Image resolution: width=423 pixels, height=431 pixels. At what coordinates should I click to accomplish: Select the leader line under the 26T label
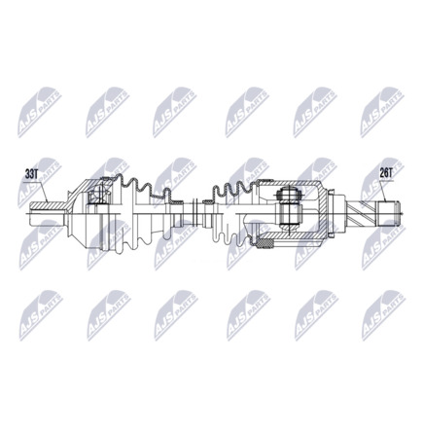(x=387, y=190)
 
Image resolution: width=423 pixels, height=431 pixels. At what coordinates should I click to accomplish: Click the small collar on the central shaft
(x=199, y=208)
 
